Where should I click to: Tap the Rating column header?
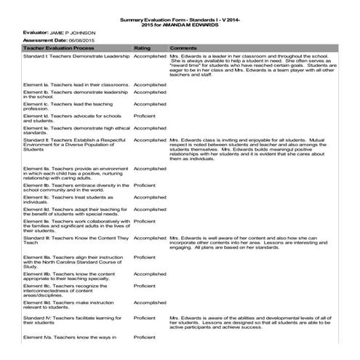pyautogui.click(x=142, y=48)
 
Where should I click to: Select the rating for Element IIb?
pyautogui.click(x=145, y=185)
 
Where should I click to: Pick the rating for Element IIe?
pyautogui.click(x=145, y=221)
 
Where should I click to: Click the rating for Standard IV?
pyautogui.click(x=145, y=318)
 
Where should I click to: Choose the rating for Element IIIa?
pyautogui.click(x=145, y=257)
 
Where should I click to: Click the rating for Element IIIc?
pyautogui.click(x=145, y=286)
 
